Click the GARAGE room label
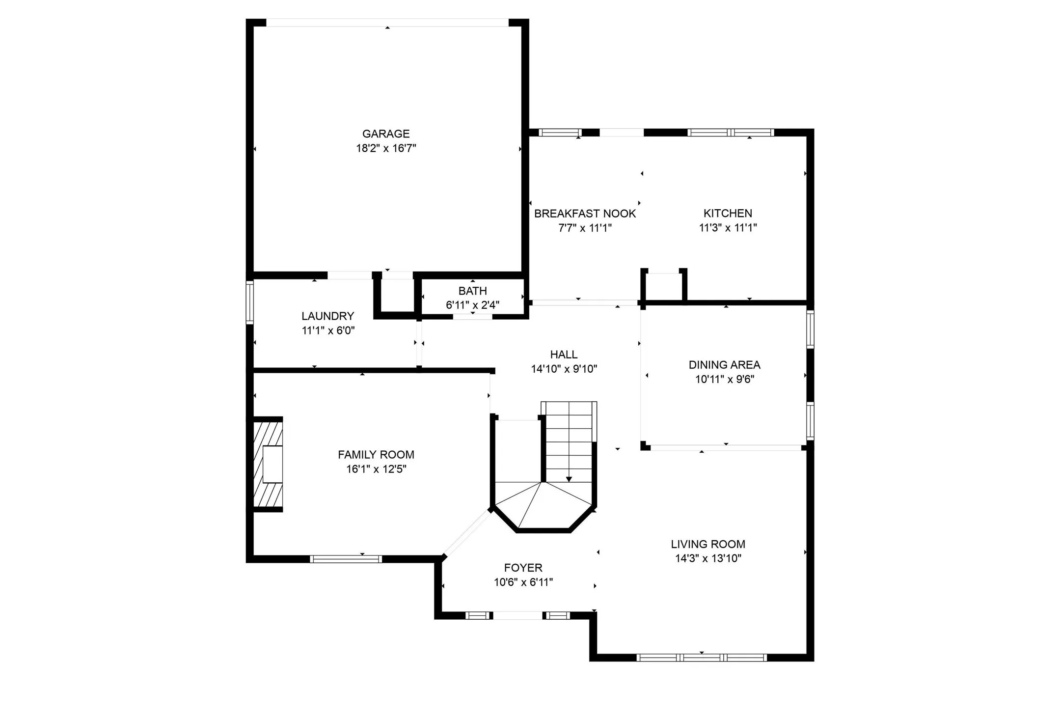[x=385, y=134]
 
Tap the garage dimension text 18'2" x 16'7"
[x=386, y=148]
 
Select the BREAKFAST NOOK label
[x=585, y=214]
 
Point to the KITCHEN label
[x=728, y=213]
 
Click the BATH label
[x=472, y=291]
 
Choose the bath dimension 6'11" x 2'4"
[x=472, y=305]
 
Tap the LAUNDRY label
[x=327, y=316]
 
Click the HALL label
[x=564, y=355]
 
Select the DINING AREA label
[x=724, y=365]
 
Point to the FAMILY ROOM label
[x=376, y=455]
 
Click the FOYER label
[x=523, y=568]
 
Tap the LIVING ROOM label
[x=707, y=544]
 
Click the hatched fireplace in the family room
[x=268, y=464]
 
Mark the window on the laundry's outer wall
[x=250, y=302]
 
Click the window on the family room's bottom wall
[x=346, y=559]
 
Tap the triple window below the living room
[x=702, y=658]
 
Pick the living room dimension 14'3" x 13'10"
[x=707, y=558]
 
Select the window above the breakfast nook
[x=560, y=133]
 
